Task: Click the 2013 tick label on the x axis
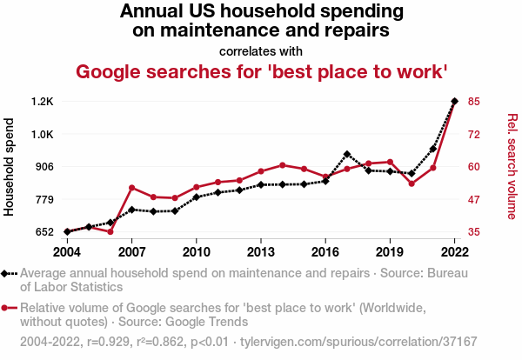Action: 261,251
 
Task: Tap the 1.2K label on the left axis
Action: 42,102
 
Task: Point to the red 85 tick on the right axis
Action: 473,102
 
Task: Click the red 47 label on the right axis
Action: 473,200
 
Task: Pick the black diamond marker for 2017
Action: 346,155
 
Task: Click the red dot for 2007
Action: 131,188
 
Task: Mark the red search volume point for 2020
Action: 411,183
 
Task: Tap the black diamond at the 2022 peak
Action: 454,102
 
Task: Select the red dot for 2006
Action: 110,232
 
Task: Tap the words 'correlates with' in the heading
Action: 261,50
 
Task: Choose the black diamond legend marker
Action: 7,273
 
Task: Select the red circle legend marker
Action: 7,308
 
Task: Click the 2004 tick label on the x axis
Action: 67,251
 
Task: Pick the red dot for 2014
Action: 282,165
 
